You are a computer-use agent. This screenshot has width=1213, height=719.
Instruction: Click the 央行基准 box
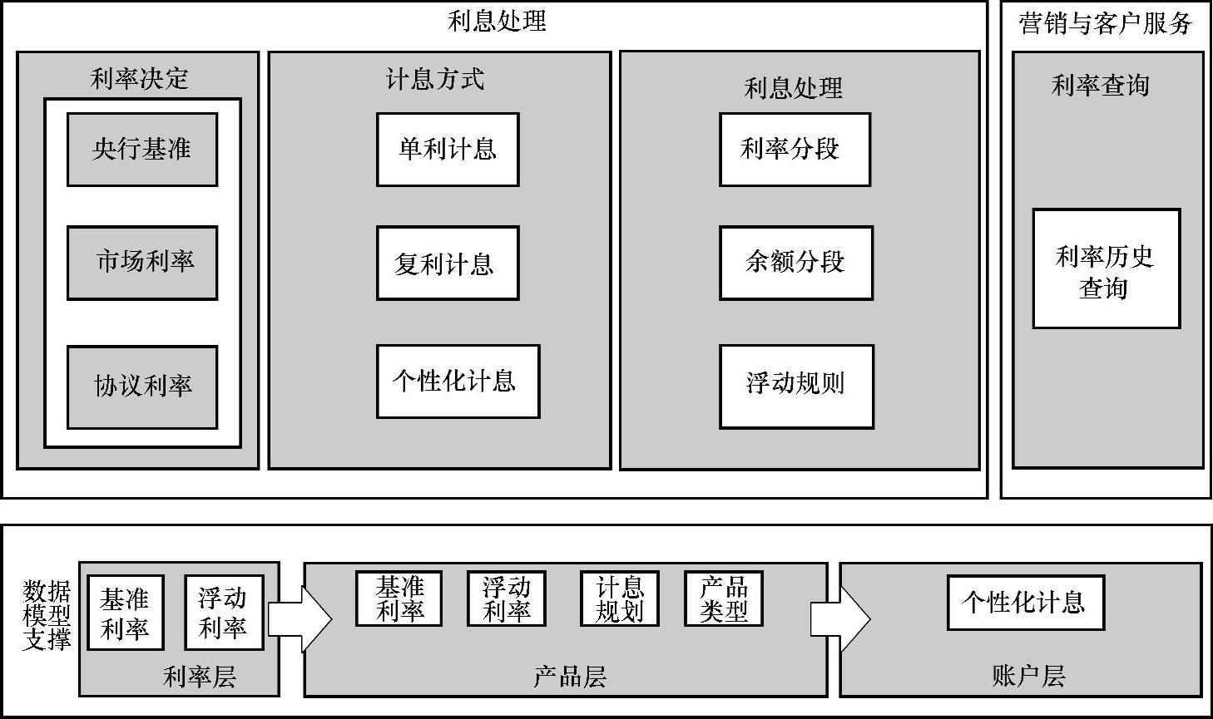142,150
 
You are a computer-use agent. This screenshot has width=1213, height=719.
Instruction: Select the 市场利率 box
142,263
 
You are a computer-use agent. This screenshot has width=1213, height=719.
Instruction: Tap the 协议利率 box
142,387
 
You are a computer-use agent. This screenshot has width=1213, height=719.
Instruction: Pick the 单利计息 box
448,150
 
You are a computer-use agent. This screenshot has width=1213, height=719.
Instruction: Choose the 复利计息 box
448,263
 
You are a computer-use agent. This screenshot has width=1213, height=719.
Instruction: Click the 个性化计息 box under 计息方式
458,382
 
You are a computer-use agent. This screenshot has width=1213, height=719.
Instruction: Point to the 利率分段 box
795,150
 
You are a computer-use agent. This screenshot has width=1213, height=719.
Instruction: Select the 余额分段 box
796,263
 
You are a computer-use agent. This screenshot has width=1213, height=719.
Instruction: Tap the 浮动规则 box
796,387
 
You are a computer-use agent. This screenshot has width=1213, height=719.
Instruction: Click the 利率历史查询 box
1106,268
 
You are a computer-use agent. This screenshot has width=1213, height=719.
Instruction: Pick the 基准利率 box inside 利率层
125,613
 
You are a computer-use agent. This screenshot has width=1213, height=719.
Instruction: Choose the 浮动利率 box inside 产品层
506,598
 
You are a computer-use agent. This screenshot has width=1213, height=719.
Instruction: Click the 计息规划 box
620,598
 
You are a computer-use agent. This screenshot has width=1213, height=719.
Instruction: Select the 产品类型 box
724,598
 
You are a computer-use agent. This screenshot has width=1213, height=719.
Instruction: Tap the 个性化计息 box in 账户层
1025,603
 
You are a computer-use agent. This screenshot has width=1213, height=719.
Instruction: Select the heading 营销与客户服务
1105,23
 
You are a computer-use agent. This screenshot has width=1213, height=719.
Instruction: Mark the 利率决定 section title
140,79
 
